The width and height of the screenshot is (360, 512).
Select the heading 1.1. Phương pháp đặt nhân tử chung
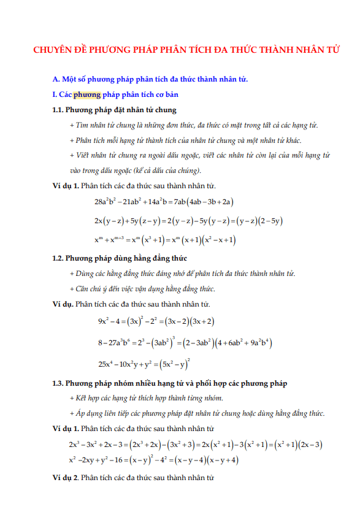(115, 110)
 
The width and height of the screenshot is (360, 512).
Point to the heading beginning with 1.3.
(170, 383)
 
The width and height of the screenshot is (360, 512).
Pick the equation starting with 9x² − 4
(156, 321)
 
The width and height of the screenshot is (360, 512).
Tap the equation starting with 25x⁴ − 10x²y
(144, 363)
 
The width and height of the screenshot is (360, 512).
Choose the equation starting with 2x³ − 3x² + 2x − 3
(196, 444)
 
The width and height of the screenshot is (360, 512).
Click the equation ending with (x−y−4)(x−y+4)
(153, 460)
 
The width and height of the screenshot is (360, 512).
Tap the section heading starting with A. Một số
(150, 79)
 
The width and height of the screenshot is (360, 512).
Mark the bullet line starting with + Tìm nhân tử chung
(194, 125)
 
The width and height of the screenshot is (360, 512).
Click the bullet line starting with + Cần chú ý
(142, 289)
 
